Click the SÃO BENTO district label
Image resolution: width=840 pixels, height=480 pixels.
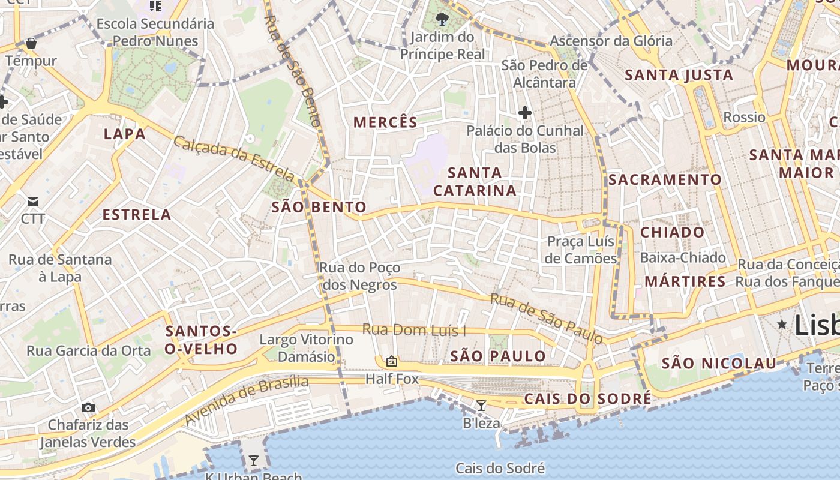tap(319, 208)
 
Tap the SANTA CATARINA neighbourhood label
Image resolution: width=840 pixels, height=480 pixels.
tap(475, 182)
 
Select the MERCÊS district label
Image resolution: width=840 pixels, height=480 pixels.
tap(385, 122)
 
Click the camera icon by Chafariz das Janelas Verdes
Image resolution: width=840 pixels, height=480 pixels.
tap(88, 408)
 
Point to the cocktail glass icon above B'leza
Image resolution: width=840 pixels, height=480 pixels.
tap(481, 406)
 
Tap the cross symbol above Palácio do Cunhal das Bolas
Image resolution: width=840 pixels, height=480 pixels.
tap(525, 112)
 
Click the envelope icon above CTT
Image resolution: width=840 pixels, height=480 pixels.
tap(32, 201)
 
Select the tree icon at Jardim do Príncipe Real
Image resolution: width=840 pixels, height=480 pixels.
tap(442, 19)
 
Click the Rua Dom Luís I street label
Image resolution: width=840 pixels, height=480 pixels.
tap(414, 330)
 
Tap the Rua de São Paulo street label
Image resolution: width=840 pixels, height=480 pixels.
tap(546, 317)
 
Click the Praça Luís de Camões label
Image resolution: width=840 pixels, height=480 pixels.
tap(581, 250)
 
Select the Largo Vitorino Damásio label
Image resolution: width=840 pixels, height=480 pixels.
tap(306, 348)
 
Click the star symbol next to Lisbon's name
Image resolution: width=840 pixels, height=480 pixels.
tap(782, 325)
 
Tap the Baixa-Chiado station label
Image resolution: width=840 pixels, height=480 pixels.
tap(683, 257)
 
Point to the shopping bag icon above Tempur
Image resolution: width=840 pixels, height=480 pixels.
tap(31, 43)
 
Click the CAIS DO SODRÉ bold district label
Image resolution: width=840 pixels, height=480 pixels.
tap(587, 399)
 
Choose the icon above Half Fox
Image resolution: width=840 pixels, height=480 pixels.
tap(392, 361)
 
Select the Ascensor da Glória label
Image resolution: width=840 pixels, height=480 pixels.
tap(611, 41)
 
